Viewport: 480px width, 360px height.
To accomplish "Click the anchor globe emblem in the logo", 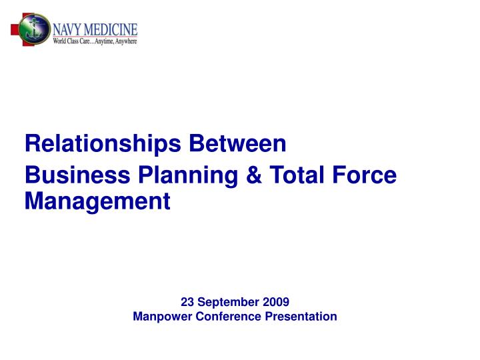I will pos(33,31).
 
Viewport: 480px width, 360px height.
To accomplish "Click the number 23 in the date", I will pos(187,301).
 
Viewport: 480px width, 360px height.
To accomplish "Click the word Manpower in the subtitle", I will pos(163,316).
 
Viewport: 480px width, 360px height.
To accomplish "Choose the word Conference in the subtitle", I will pos(227,316).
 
